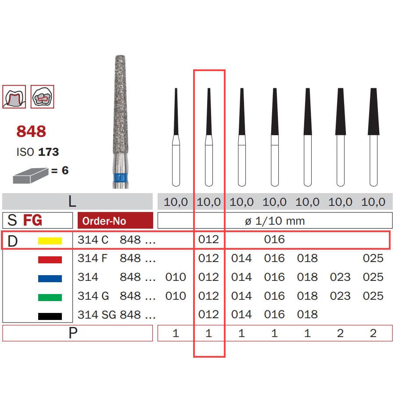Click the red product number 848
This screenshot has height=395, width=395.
(31, 131)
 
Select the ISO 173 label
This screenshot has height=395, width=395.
(37, 152)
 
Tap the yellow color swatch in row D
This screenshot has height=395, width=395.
(50, 241)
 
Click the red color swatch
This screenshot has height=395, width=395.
(50, 259)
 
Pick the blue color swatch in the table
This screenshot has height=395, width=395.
(50, 278)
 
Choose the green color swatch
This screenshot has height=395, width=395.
(50, 297)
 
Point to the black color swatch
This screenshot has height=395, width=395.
(50, 316)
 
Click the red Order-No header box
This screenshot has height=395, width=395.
(115, 220)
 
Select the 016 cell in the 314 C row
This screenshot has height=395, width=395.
(274, 240)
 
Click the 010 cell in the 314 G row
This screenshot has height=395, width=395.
(176, 296)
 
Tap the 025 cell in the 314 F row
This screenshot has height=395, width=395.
(373, 258)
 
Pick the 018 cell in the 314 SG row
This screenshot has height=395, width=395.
(307, 314)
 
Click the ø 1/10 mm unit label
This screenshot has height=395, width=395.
(274, 221)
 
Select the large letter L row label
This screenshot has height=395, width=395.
(72, 201)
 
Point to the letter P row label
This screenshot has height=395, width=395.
(72, 333)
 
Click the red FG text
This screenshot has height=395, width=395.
(32, 220)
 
